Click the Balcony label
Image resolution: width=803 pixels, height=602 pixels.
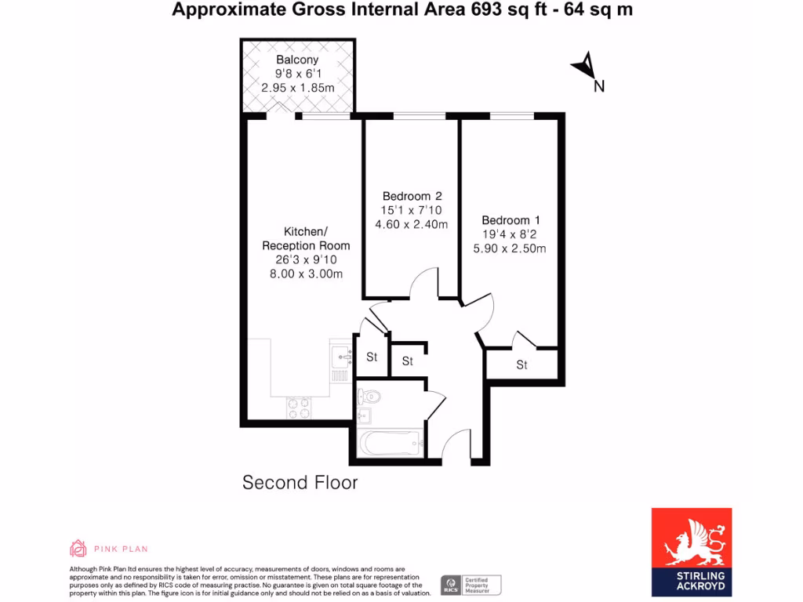click(297, 60)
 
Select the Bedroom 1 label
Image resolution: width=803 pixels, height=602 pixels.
click(511, 220)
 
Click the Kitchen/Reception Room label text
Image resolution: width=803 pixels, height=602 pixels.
click(306, 238)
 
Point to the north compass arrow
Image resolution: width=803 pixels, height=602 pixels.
click(584, 67)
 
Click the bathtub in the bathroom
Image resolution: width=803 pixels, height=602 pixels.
click(391, 444)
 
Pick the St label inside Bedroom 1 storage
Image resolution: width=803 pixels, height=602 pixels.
click(521, 365)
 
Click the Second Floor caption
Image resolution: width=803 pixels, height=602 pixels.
click(300, 483)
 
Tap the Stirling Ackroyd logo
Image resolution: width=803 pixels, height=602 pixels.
click(692, 552)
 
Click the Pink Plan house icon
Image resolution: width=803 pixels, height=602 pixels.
click(78, 548)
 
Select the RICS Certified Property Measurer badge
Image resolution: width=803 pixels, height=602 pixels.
click(471, 585)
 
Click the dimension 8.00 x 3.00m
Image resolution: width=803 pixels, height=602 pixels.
click(306, 274)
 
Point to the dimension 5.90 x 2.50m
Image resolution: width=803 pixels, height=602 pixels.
click(511, 248)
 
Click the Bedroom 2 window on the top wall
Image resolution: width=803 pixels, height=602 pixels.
click(419, 117)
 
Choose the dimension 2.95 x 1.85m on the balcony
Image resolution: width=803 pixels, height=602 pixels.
click(297, 88)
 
